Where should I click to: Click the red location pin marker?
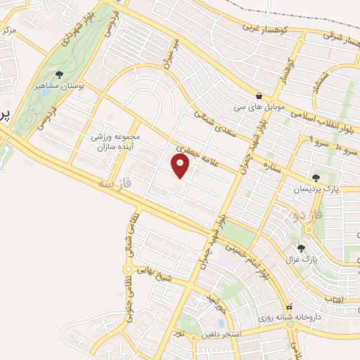[x=181, y=166]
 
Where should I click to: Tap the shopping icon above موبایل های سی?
[x=260, y=96]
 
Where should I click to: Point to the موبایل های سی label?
[x=260, y=108]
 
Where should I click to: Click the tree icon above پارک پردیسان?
[x=317, y=179]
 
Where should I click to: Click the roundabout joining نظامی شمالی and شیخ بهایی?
[x=129, y=269]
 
